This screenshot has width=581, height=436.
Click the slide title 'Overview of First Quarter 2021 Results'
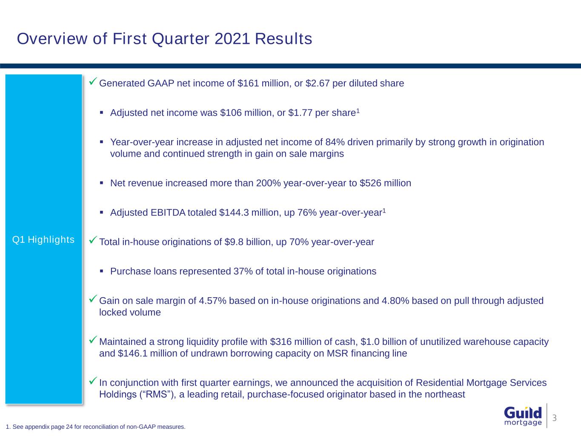click(x=164, y=39)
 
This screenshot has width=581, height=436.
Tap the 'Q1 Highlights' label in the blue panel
click(x=43, y=240)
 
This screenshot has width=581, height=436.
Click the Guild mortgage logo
click(x=523, y=416)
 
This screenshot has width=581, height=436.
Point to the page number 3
click(x=554, y=418)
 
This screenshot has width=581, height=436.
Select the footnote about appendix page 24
click(x=96, y=427)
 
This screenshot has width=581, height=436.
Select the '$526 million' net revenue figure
click(x=385, y=184)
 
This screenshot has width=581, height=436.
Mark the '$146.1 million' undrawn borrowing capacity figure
click(x=129, y=354)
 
